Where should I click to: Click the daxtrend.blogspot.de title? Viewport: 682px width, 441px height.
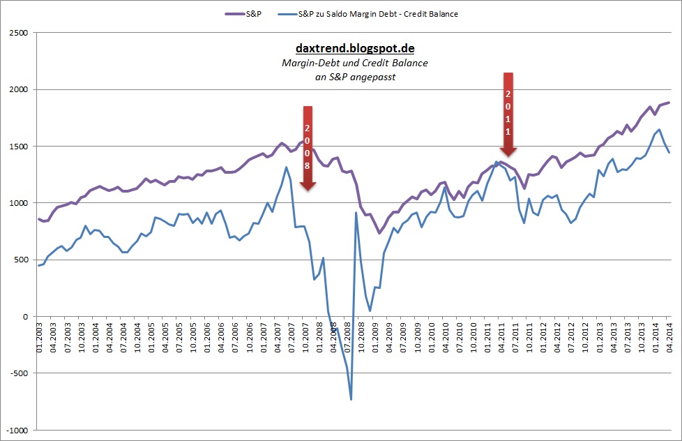coord(355,48)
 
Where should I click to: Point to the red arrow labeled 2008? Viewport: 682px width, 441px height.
coord(308,147)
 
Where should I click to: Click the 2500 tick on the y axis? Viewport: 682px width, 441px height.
coord(19,32)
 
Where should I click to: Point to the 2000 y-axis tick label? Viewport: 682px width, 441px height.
coord(19,89)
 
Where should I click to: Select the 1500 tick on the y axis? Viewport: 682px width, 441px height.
coord(19,146)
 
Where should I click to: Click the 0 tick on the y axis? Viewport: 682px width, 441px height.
coord(25,317)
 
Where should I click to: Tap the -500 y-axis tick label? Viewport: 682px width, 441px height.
coord(20,373)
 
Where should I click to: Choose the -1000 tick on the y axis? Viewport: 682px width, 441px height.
coord(17,430)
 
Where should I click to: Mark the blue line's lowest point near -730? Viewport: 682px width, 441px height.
coord(351,399)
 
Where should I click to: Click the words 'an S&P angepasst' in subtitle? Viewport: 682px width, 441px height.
coord(355,77)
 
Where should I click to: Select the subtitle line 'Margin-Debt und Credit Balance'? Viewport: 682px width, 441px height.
coord(355,63)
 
